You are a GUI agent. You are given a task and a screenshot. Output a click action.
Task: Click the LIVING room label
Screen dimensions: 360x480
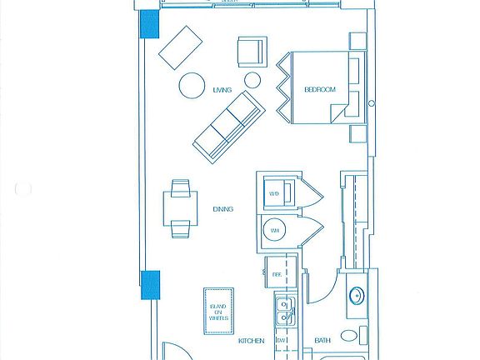click(222, 89)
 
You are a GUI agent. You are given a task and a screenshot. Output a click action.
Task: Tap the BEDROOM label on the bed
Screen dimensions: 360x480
click(318, 89)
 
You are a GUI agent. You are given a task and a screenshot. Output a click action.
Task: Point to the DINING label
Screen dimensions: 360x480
click(222, 210)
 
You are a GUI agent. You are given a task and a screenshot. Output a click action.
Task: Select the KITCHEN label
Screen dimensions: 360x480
click(251, 341)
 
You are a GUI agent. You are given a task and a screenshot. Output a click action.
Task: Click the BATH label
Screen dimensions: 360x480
click(322, 341)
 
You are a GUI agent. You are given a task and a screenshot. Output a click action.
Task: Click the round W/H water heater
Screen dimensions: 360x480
click(275, 231)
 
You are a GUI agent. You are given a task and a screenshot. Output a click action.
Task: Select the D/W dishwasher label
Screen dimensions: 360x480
click(282, 341)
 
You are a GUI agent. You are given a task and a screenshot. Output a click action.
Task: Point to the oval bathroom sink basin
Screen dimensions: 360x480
click(356, 296)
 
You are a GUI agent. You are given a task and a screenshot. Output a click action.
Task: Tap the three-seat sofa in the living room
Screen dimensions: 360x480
click(228, 126)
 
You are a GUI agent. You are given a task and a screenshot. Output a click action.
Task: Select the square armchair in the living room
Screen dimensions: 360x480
click(252, 52)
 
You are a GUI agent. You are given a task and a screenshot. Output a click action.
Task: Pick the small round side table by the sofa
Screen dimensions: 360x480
click(252, 81)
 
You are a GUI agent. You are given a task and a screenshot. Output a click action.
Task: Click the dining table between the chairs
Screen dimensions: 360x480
click(180, 208)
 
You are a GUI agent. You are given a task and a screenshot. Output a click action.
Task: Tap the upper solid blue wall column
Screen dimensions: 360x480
click(150, 24)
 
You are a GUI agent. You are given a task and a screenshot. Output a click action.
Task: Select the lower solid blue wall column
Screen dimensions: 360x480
click(150, 284)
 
